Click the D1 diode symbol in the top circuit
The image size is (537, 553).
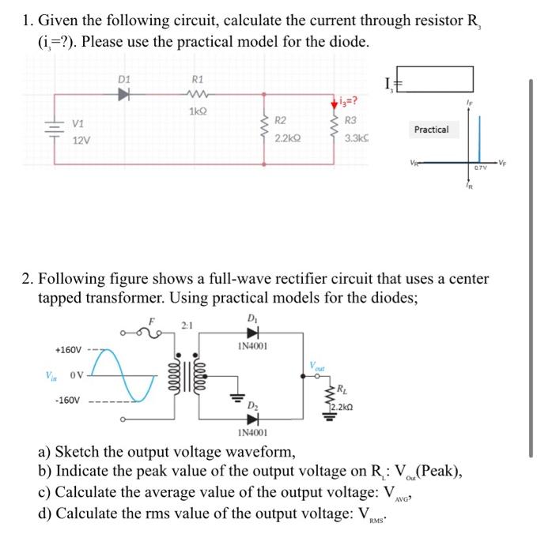123,95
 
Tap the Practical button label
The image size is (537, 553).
431,129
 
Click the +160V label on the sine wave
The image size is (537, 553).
67,348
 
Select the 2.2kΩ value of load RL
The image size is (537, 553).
342,407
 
